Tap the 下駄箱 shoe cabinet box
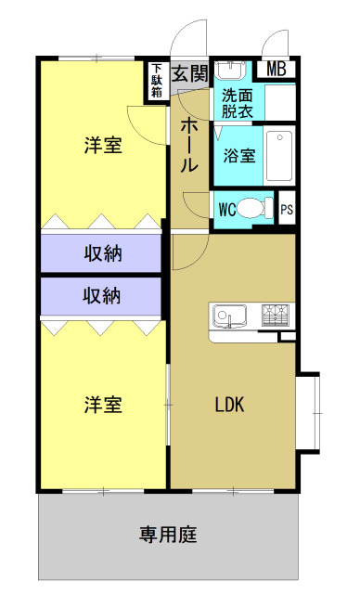(157, 81)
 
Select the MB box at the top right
(277, 69)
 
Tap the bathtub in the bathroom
(279, 156)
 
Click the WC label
(226, 209)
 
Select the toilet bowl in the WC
(256, 209)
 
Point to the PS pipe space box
(288, 209)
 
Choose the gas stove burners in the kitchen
(276, 316)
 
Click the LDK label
(230, 406)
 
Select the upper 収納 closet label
(103, 252)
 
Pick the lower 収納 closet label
(103, 296)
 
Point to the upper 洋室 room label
(103, 146)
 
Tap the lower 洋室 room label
(103, 405)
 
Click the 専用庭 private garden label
(168, 535)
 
